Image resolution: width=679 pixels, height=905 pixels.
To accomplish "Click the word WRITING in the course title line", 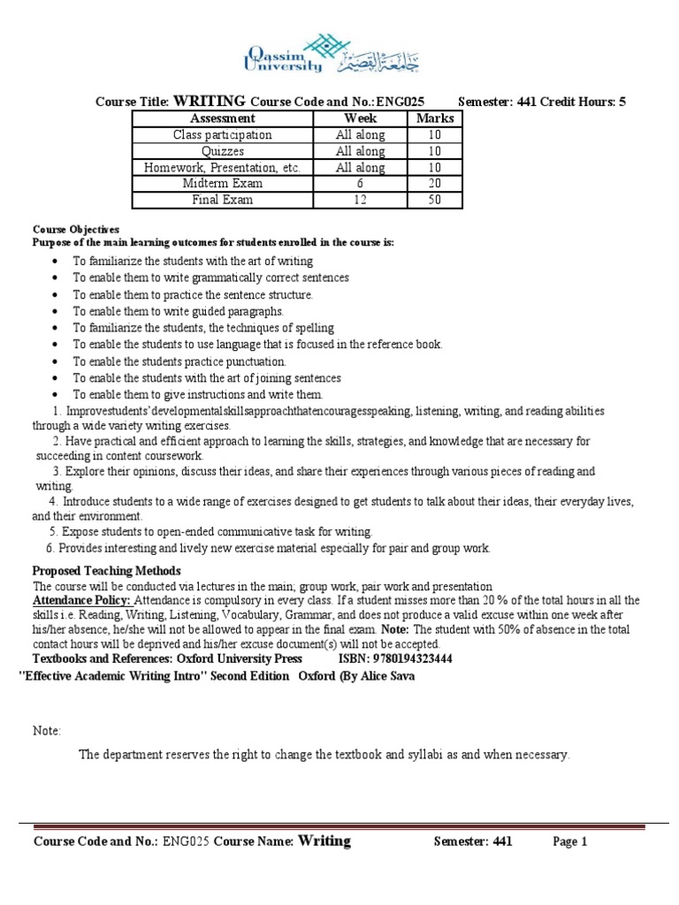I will pyautogui.click(x=210, y=101).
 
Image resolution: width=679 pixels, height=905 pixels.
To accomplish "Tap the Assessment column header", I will pyautogui.click(x=222, y=118).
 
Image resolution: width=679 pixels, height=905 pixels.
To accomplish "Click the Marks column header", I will pyautogui.click(x=434, y=118).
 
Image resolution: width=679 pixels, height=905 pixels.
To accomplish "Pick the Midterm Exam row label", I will pyautogui.click(x=222, y=184).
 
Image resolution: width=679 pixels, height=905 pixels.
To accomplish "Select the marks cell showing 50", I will pyautogui.click(x=434, y=201).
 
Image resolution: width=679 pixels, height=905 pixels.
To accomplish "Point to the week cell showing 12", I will pyautogui.click(x=360, y=201).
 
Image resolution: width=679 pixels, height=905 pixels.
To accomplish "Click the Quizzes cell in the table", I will pyautogui.click(x=222, y=151).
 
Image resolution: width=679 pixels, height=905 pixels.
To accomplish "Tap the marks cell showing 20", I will pyautogui.click(x=434, y=184).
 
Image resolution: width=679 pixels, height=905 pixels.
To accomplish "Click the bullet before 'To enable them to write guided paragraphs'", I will pyautogui.click(x=55, y=312).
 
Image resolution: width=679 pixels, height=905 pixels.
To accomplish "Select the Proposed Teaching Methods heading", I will pyautogui.click(x=106, y=570).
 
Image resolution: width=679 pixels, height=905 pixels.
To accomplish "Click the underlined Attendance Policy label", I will pyautogui.click(x=81, y=600).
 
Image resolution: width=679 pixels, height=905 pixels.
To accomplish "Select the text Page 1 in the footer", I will pyautogui.click(x=570, y=842).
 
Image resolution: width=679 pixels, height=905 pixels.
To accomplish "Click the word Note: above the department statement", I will pyautogui.click(x=47, y=731).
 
